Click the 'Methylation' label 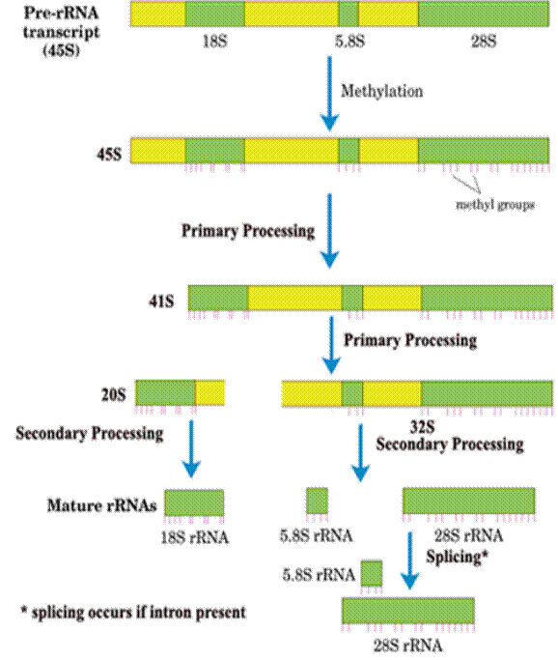(x=381, y=92)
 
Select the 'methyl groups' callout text (x=495, y=206)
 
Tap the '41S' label (x=161, y=301)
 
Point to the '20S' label (x=114, y=394)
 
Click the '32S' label (x=422, y=427)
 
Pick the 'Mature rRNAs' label (x=102, y=505)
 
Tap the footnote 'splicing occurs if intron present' (x=138, y=613)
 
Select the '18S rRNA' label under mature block (x=195, y=537)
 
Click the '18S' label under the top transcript (x=215, y=42)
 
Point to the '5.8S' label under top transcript (x=349, y=42)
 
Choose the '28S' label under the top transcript (x=484, y=42)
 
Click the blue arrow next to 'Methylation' (x=329, y=94)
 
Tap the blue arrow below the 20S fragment (x=191, y=448)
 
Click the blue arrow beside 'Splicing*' (x=410, y=560)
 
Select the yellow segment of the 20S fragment (x=210, y=392)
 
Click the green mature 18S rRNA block (x=194, y=502)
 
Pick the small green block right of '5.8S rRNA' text (x=372, y=573)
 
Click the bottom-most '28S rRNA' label (x=408, y=646)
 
